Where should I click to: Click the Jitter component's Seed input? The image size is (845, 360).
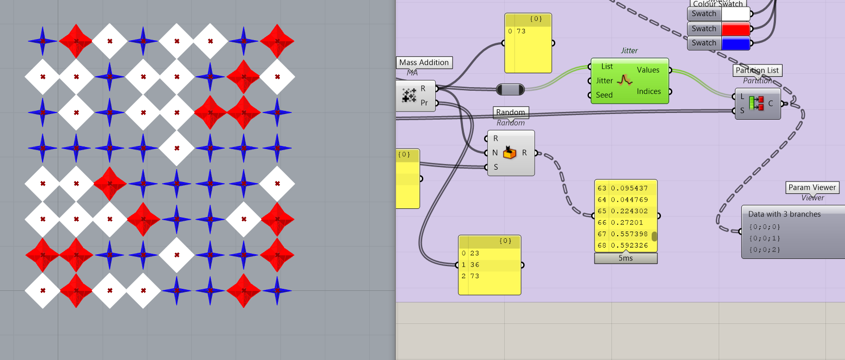point(604,95)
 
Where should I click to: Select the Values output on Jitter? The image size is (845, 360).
point(648,70)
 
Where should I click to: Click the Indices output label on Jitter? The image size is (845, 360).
point(648,91)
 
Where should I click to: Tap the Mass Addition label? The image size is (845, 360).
point(424,62)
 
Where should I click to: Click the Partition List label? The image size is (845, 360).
point(757,70)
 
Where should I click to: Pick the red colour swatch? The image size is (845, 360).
point(735,29)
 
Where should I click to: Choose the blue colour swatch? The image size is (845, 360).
point(735,43)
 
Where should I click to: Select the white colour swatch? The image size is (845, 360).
point(735,14)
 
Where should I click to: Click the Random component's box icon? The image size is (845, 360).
point(509,153)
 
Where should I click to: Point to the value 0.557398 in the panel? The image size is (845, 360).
point(629,234)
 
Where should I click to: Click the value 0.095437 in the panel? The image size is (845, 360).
point(629,188)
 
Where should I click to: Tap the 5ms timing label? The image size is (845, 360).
point(625,258)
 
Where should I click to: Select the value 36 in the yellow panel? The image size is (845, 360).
point(475,265)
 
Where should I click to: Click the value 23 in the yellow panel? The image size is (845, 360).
point(475,253)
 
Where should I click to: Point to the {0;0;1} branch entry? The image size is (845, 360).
point(764,238)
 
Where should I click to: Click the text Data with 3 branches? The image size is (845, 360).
point(784,214)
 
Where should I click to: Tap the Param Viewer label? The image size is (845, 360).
point(812,187)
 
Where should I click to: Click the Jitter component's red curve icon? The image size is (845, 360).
point(624,80)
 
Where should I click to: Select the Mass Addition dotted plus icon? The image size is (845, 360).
point(409,95)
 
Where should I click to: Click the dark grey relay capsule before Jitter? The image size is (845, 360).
point(510,90)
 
